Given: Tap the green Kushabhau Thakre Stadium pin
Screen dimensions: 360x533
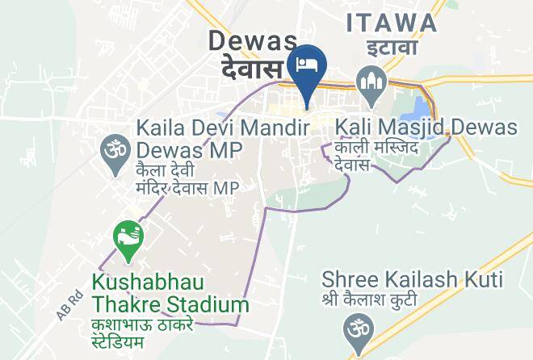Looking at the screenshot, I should (x=127, y=240).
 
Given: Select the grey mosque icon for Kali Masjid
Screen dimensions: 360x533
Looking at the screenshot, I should (x=371, y=83).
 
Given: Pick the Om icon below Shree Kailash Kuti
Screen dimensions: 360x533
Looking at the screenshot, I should (x=354, y=330).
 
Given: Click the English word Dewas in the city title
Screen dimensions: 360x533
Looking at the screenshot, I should (x=254, y=40).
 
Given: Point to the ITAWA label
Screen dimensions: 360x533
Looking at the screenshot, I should (x=392, y=23).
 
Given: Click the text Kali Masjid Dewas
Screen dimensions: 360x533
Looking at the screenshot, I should (x=426, y=128).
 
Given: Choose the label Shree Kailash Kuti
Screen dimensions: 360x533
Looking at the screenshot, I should (x=412, y=280).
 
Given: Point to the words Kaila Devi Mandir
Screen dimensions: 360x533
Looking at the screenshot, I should (x=223, y=128).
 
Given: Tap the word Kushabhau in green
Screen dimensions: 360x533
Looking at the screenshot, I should (x=147, y=283).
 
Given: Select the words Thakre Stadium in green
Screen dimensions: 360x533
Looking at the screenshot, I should (x=170, y=305).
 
